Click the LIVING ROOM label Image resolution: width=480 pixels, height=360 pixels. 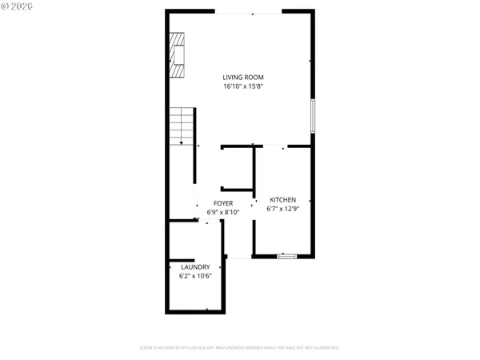coord(243,78)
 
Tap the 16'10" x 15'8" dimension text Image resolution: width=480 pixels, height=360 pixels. coord(243,86)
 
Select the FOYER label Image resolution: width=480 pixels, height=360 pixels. coord(223,203)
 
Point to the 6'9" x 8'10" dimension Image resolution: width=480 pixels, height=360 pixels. coord(223,212)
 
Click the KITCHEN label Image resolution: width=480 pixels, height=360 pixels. coord(282,200)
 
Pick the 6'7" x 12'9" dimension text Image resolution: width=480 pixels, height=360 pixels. coord(282,209)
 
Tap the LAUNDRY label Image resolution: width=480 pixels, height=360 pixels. coord(195,267)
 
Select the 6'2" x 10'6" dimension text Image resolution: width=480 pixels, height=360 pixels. coord(195,276)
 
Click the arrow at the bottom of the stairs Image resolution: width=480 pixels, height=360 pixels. coord(182,142)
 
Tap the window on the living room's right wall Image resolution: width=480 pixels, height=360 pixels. coord(313,115)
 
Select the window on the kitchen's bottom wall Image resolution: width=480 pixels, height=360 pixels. coord(286,256)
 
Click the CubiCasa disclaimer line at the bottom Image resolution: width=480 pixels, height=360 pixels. coord(240,348)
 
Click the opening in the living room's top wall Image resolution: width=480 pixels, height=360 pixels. coord(248,12)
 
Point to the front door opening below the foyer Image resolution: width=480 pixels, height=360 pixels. coord(238,257)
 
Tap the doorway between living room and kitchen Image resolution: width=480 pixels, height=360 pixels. coord(272,146)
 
